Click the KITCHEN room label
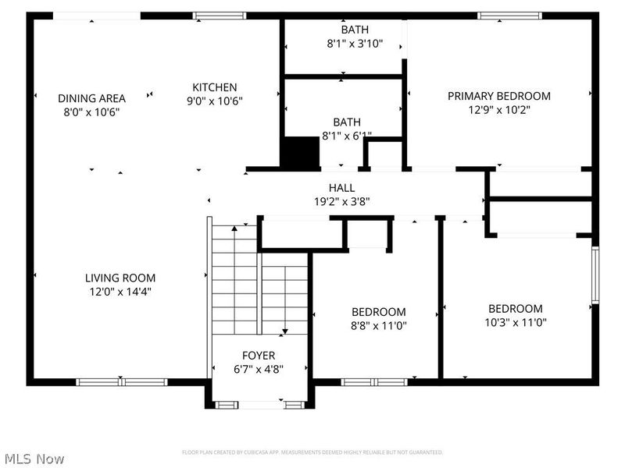214,87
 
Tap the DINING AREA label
91,98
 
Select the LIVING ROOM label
120,278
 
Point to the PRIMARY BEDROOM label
499,96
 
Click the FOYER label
259,356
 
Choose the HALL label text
342,188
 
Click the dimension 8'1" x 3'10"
355,44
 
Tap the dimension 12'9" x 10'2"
499,109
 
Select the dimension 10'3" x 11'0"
516,322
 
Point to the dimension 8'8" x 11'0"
379,325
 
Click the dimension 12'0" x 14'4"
120,292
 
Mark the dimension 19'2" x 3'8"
342,201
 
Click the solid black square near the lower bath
301,152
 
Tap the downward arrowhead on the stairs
285,331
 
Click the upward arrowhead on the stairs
234,229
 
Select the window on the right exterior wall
595,275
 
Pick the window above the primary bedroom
509,16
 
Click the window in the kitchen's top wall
220,16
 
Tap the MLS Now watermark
34,459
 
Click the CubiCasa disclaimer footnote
312,452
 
